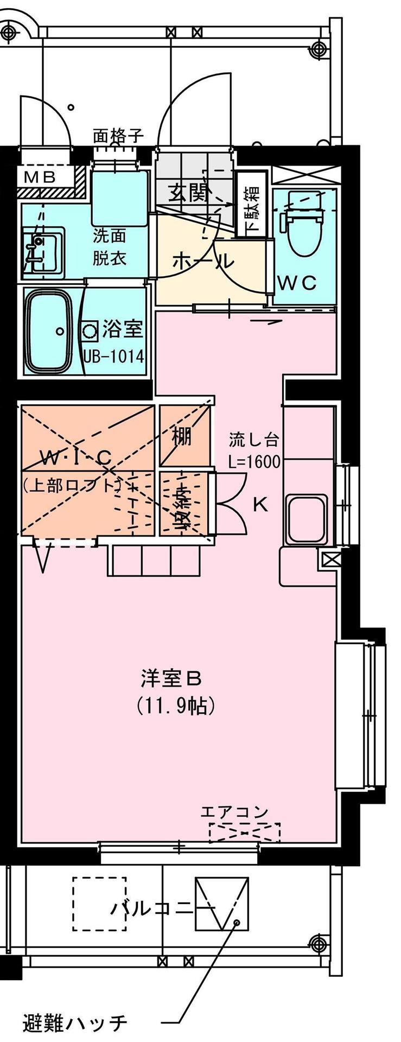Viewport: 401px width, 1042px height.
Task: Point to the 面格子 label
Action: (x=118, y=135)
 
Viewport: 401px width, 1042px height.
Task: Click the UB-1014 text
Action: (x=113, y=356)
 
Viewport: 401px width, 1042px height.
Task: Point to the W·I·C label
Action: (x=76, y=458)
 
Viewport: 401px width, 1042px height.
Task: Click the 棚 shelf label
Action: (x=182, y=435)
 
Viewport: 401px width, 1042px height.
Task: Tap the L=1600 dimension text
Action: (x=254, y=462)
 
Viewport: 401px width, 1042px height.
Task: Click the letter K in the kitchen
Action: (x=260, y=505)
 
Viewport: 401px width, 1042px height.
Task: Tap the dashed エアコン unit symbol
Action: (x=244, y=832)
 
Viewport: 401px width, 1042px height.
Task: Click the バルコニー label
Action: (x=163, y=908)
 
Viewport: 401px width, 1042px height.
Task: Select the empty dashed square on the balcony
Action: (x=99, y=904)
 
